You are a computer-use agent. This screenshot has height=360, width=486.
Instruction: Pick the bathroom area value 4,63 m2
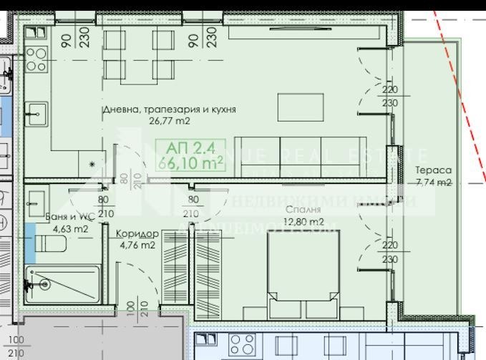(70, 229)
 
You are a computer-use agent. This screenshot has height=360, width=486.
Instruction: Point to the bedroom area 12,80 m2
(303, 222)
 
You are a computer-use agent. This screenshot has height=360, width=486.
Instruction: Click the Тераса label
(433, 170)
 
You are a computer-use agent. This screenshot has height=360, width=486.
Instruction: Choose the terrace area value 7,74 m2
(433, 183)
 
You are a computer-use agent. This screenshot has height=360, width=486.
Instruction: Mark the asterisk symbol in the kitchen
(92, 165)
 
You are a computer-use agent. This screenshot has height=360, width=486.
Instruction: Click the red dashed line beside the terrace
(458, 93)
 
